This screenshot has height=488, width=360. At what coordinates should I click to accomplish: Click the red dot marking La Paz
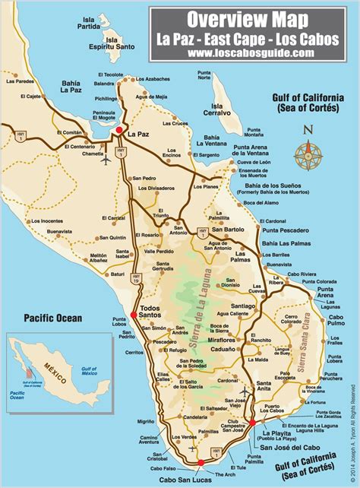click(119, 132)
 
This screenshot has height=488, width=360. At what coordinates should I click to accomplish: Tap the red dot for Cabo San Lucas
click(201, 461)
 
